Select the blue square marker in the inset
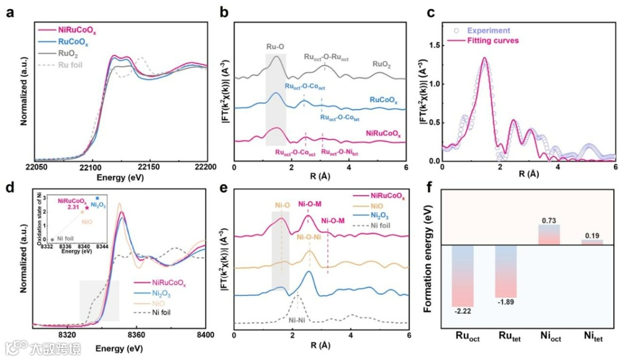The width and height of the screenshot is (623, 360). [x=97, y=198]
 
